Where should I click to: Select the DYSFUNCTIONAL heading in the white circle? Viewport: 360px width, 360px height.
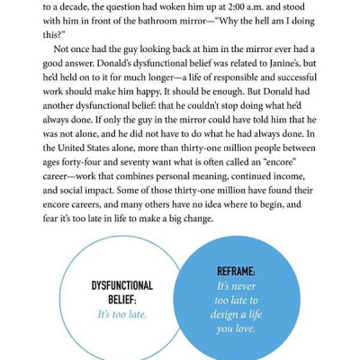click(x=122, y=286)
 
